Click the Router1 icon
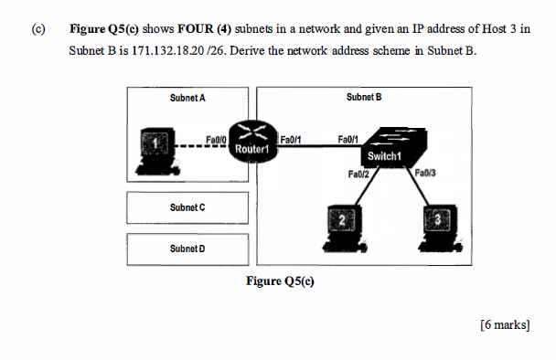251,141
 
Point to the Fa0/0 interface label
216,137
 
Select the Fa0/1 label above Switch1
348,138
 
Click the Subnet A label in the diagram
187,96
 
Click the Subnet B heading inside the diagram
364,96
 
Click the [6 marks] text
504,324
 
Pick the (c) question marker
38,29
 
